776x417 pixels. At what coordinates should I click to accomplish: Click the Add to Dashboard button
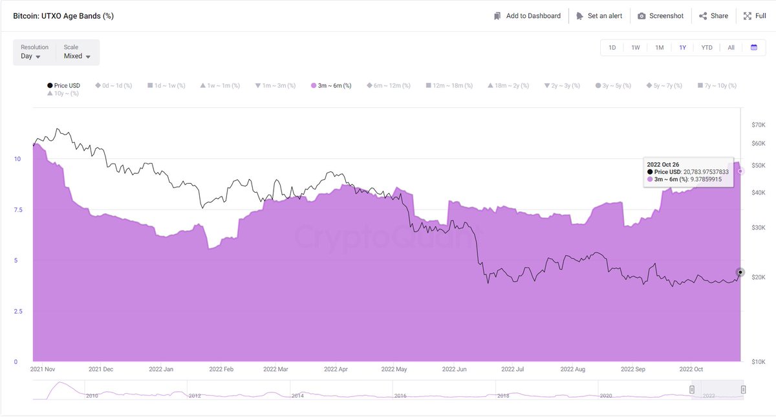click(527, 16)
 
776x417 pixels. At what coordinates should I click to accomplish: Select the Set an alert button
click(599, 16)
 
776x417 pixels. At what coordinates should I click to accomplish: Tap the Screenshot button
click(660, 16)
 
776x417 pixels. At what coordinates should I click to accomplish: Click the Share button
click(713, 16)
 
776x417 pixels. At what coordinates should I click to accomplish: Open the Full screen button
click(755, 16)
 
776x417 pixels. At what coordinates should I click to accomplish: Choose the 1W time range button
click(636, 47)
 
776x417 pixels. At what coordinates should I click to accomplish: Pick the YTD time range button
click(707, 47)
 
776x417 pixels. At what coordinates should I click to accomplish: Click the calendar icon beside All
click(754, 47)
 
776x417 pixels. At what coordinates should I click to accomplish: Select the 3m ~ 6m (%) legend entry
click(331, 85)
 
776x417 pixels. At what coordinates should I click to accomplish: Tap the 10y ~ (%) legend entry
click(63, 94)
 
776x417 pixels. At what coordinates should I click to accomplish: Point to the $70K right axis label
click(758, 124)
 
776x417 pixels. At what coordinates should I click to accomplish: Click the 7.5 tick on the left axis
click(17, 210)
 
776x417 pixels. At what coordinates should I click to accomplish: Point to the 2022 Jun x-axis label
click(452, 370)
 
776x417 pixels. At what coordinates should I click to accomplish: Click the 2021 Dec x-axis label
click(101, 370)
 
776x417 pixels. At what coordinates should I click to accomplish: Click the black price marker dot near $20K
click(740, 272)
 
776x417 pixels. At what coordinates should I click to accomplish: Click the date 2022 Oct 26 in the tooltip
click(663, 164)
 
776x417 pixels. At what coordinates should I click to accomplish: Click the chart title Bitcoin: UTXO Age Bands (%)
click(63, 16)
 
